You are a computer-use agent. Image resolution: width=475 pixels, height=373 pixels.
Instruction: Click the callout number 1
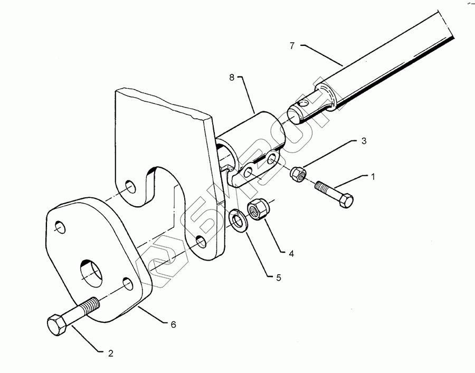pos(373,177)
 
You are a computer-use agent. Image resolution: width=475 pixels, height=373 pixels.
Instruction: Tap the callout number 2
pos(110,353)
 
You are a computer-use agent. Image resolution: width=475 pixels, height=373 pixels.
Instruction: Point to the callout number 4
pos(291,253)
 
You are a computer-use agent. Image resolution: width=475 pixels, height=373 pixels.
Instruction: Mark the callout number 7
pos(292,45)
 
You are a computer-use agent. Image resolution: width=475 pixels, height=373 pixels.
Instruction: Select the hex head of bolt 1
pos(346,200)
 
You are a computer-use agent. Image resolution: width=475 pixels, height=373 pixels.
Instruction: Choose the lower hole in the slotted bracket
pos(200,242)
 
